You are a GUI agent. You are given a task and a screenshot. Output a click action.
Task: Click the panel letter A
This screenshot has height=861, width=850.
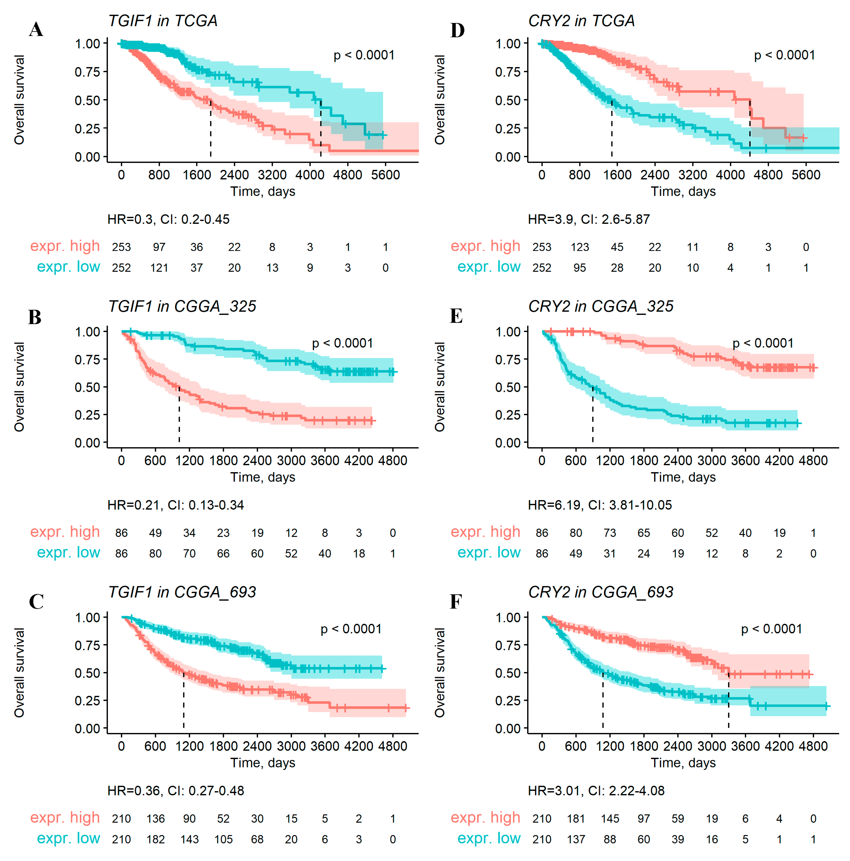pos(36,30)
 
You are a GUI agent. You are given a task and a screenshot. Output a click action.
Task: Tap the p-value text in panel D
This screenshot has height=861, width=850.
pos(784,55)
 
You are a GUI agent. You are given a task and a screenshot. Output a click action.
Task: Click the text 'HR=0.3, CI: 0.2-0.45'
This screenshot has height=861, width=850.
pos(168,219)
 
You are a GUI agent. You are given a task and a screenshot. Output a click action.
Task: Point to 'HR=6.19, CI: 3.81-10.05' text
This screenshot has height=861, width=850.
pos(600,505)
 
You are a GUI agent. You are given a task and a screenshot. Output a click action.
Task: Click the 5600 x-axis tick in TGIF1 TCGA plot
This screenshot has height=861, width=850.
pos(385,175)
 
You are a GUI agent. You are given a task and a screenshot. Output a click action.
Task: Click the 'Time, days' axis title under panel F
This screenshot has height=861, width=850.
pos(683,762)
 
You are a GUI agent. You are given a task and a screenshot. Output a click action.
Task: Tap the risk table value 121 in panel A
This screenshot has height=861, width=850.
pos(159,268)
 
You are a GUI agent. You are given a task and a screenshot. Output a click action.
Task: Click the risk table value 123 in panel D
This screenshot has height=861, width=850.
pos(580,247)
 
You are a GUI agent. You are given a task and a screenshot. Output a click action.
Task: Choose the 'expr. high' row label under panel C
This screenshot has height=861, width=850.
pos(65,818)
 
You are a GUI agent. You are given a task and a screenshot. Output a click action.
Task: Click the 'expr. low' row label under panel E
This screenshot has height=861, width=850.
pos(489,553)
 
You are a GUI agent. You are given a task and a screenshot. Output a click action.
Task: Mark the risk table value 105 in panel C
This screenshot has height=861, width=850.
pos(223,840)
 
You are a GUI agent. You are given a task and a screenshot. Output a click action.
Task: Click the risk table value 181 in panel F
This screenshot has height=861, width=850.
pos(576,819)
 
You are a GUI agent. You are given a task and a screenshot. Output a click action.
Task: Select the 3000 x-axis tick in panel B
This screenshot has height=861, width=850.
pos(291,460)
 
